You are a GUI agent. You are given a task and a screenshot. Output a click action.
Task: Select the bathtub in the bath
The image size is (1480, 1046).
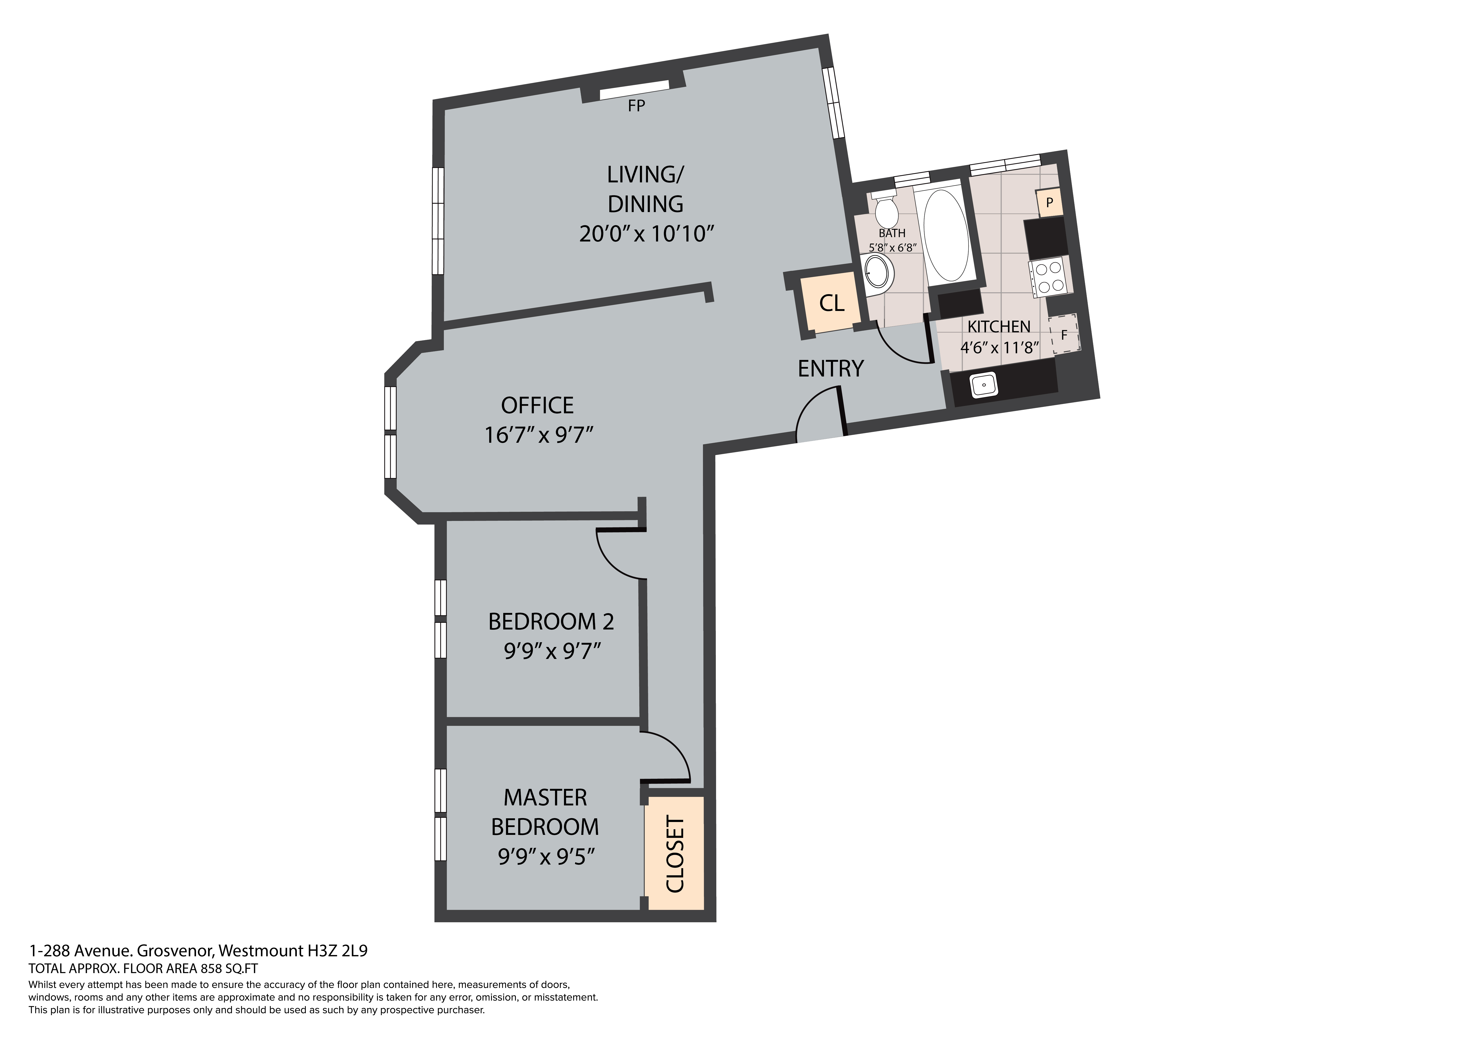coord(946,234)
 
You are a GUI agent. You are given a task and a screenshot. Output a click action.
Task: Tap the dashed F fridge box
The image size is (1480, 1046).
coord(1064,335)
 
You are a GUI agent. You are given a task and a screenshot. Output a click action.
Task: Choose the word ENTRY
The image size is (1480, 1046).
coord(830,369)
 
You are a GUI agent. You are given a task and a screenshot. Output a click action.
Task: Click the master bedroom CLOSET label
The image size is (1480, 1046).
coord(674,855)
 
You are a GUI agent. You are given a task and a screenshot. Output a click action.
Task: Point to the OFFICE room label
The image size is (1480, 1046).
coord(538,405)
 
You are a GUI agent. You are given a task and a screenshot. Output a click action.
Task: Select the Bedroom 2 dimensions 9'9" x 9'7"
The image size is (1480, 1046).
coord(552,651)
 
